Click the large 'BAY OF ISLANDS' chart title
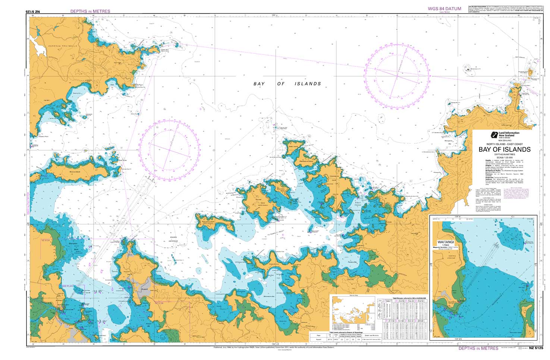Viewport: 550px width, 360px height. pyautogui.click(x=505, y=149)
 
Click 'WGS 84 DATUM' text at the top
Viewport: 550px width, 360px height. pyautogui.click(x=444, y=9)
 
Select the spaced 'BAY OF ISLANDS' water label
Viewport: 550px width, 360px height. pyautogui.click(x=287, y=84)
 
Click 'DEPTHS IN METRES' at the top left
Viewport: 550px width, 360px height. pyautogui.click(x=90, y=12)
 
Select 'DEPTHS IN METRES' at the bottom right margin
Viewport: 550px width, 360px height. pyautogui.click(x=478, y=348)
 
